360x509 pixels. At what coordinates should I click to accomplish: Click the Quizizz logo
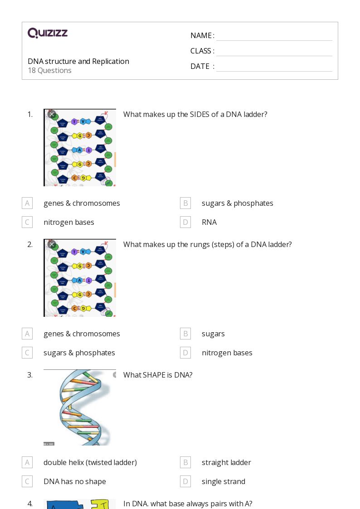pos(48,33)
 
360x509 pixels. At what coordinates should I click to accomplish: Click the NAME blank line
pos(274,36)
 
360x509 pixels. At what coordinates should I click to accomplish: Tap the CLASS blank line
pos(274,52)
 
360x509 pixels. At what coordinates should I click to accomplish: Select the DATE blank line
pos(274,67)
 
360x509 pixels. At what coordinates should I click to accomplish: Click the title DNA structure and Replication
pos(78,61)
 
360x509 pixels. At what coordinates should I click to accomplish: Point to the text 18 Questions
pos(49,70)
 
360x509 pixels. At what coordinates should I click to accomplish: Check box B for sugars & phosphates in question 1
pos(185,203)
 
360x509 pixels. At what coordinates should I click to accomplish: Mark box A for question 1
pos(27,203)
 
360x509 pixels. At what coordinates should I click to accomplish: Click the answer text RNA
pos(209,222)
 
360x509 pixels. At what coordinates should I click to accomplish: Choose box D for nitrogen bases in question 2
pos(185,353)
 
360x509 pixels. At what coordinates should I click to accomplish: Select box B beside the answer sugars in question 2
pos(185,334)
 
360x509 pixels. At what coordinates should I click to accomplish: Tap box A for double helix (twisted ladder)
pos(27,462)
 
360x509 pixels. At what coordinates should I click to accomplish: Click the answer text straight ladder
pos(226,462)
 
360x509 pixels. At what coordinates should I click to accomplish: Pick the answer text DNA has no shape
pos(75,481)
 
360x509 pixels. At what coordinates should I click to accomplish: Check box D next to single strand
pos(185,481)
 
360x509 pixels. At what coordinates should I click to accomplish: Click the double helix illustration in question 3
pos(80,407)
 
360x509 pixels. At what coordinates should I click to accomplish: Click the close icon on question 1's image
pos(52,114)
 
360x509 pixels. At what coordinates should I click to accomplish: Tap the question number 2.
pos(30,244)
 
